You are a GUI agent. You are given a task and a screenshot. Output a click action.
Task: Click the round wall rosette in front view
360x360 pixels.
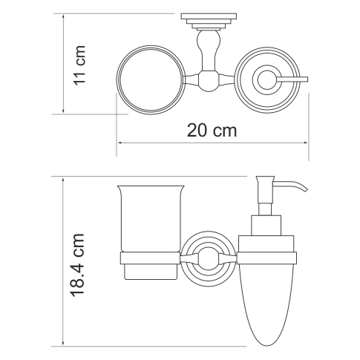click(x=207, y=258)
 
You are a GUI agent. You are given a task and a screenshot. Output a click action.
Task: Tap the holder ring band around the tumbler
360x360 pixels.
click(x=148, y=258)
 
